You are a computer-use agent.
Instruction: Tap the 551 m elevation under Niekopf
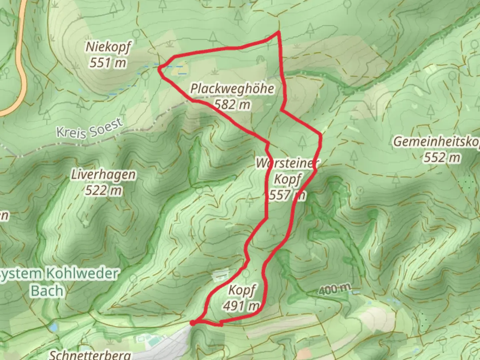point(108,62)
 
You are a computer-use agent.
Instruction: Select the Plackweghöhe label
point(232,89)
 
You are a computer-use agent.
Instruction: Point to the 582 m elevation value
point(232,105)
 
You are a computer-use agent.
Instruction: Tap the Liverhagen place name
point(103,175)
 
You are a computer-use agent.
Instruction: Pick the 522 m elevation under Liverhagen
point(103,191)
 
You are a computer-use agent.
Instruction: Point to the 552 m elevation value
point(442,157)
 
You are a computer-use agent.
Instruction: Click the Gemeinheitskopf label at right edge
point(437,142)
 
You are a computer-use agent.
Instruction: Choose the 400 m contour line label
point(335,289)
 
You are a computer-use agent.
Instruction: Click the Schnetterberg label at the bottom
point(90,355)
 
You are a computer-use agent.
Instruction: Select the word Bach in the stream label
point(47,291)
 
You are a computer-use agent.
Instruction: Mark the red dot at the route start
point(193,323)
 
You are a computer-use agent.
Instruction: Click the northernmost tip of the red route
point(278,32)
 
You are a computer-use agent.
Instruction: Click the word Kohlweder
point(82,274)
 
